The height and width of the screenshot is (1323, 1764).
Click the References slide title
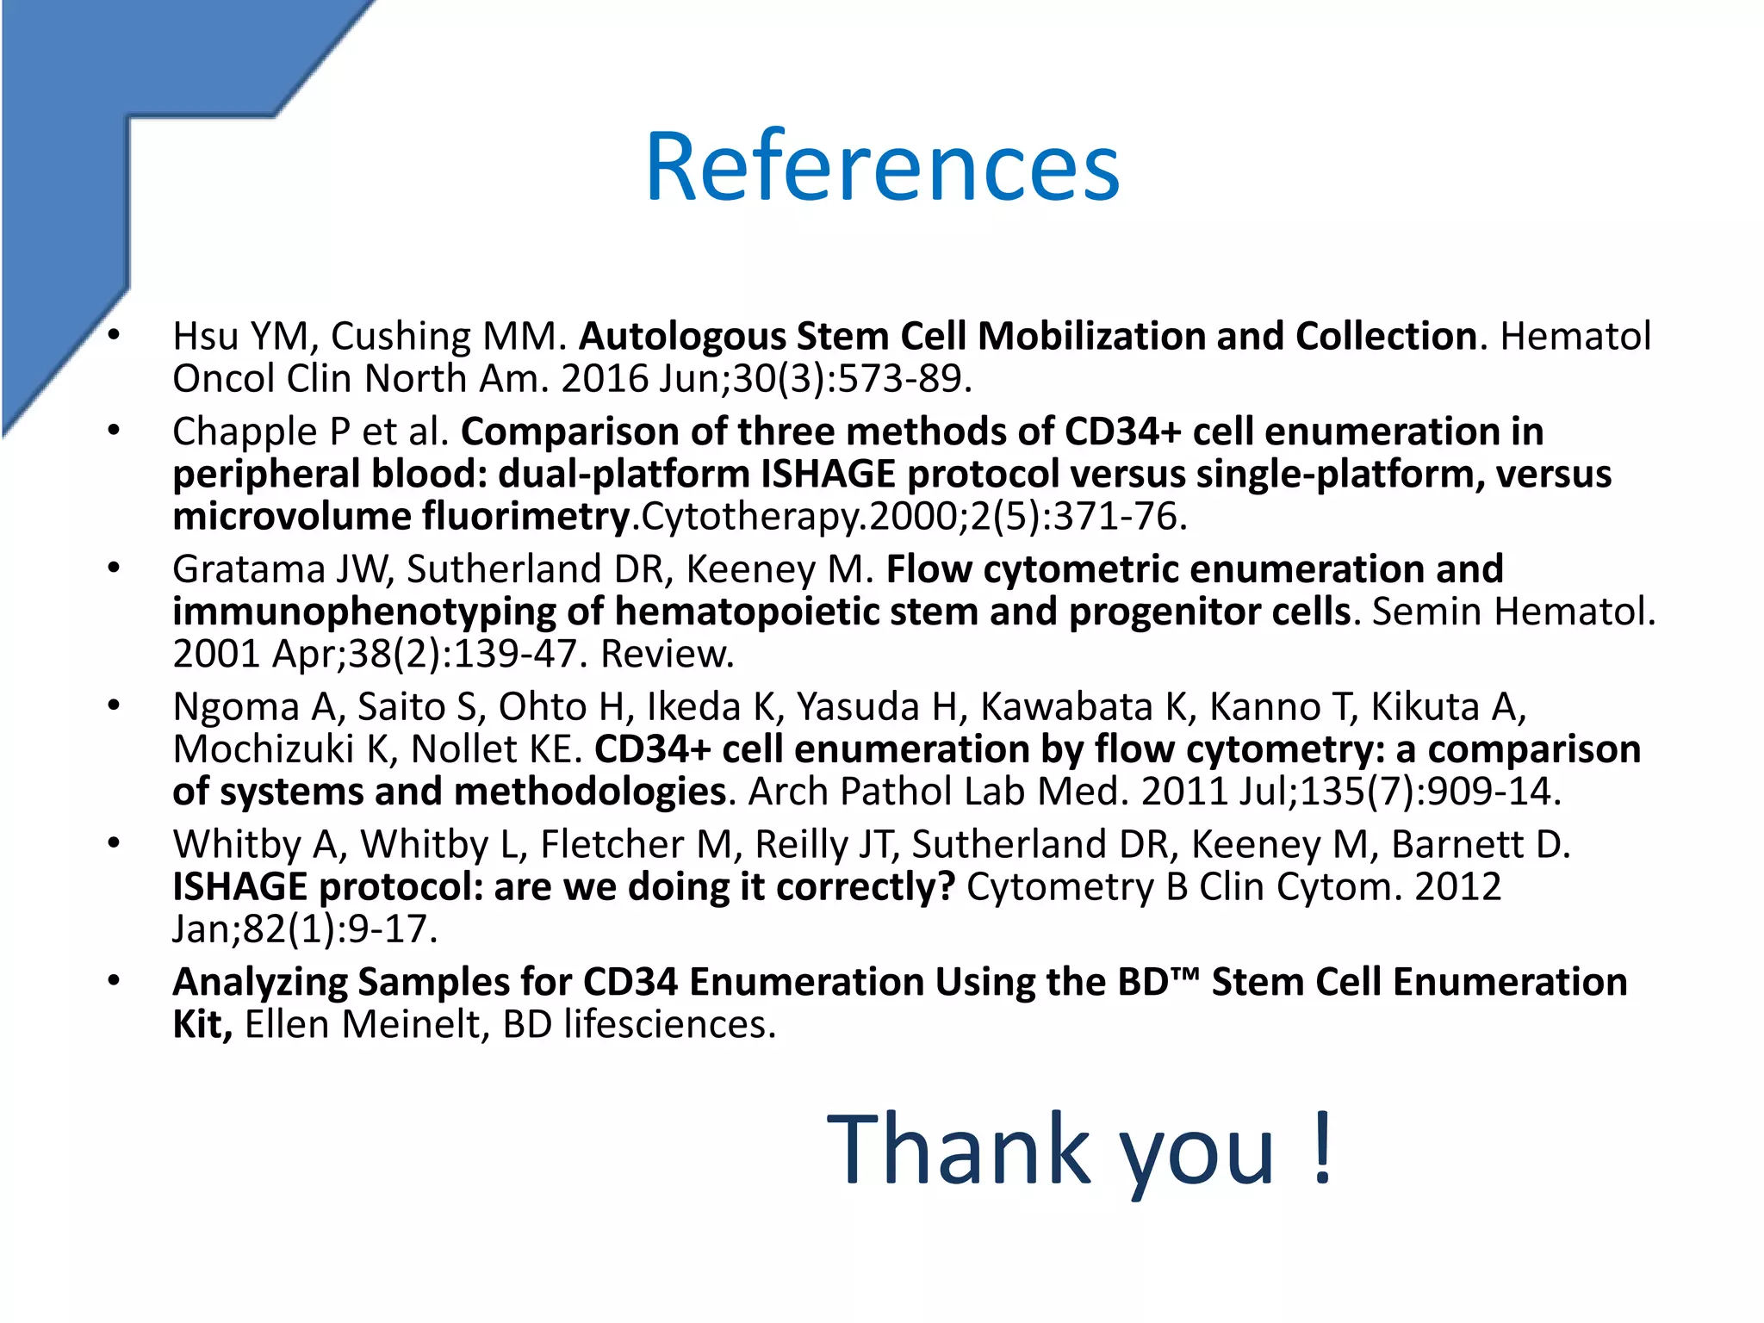[x=882, y=166]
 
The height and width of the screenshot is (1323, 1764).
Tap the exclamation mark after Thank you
[x=1323, y=1149]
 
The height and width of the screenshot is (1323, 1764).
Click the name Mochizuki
[x=263, y=749]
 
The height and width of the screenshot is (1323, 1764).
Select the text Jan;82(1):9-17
[x=304, y=929]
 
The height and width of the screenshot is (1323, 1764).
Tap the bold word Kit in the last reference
[x=201, y=1025]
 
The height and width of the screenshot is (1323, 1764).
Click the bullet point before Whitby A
[x=114, y=844]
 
